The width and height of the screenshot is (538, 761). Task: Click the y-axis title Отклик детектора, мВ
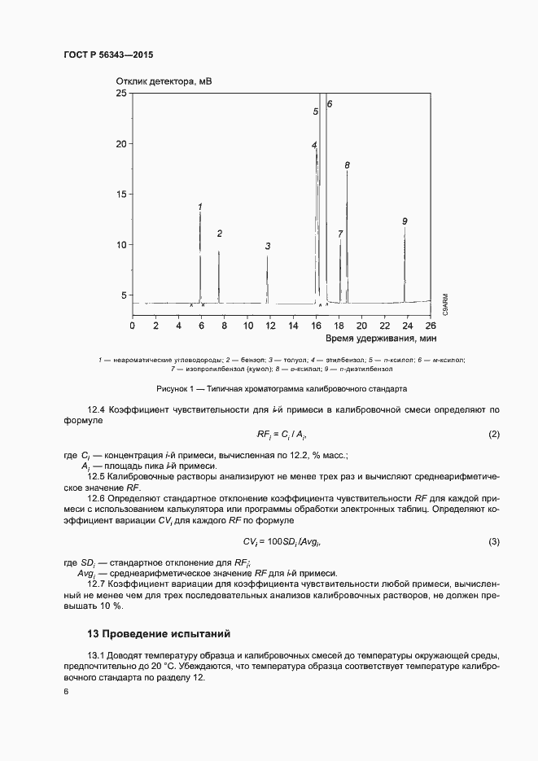[x=163, y=81]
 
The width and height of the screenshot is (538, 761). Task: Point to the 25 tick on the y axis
[x=122, y=94]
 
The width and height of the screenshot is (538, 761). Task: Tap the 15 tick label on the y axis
[x=122, y=194]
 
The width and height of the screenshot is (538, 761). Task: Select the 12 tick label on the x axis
[x=248, y=326]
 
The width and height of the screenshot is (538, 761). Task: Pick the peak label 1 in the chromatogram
[x=200, y=207]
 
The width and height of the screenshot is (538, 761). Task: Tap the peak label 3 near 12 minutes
[x=268, y=246]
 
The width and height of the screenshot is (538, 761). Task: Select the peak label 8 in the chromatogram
[x=347, y=165]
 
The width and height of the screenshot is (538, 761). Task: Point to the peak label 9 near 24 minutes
[x=405, y=221]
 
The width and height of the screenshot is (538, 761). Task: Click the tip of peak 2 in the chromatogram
[x=219, y=251]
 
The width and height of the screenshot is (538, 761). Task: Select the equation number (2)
[x=493, y=435]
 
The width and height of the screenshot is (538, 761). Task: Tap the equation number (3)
[x=493, y=541]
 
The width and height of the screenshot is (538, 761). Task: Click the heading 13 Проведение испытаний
[x=159, y=633]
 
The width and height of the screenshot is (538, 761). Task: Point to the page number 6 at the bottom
[x=66, y=691]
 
